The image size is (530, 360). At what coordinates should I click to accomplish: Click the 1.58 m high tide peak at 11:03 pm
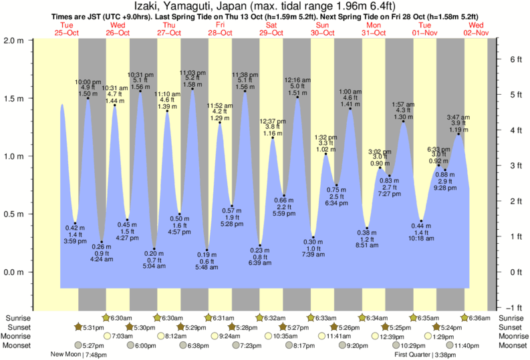[x=193, y=89]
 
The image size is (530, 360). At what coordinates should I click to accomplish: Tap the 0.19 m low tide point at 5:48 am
[x=207, y=250]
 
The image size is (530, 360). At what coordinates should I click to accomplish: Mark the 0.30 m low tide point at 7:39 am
[x=313, y=237]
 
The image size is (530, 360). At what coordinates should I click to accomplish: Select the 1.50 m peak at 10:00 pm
[x=88, y=98]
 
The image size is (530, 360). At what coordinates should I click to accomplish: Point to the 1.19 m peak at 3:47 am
[x=459, y=134]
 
